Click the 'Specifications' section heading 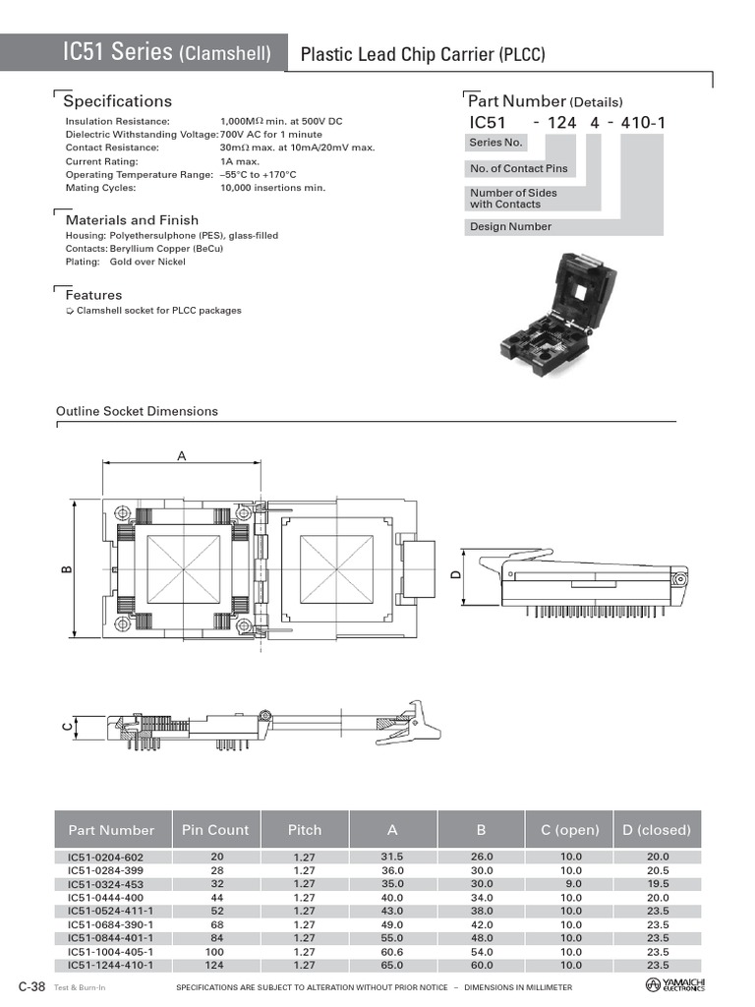point(118,101)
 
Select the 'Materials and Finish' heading point(132,219)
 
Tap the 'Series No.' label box point(495,143)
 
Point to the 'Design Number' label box point(510,227)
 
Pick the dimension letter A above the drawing point(182,455)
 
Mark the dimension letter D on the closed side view point(456,574)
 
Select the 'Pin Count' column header point(215,830)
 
